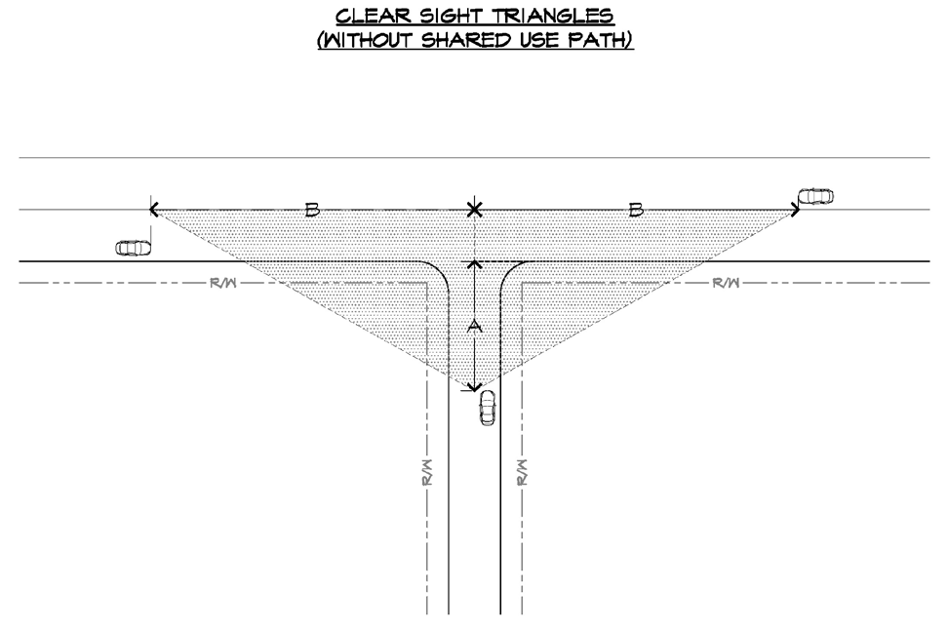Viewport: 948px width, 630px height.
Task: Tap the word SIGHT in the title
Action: point(447,18)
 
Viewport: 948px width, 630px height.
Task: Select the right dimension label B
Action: point(636,210)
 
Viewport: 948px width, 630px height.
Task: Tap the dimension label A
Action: point(475,327)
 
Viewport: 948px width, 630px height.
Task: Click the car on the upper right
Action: point(815,197)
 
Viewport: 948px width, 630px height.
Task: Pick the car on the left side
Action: point(134,248)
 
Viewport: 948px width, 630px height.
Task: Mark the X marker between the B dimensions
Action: point(474,210)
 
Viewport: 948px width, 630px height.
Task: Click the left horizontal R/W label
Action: point(222,284)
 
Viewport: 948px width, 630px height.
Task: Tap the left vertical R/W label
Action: point(426,472)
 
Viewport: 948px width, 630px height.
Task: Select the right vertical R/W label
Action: point(522,472)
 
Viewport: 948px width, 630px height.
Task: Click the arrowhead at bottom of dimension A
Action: point(475,386)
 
